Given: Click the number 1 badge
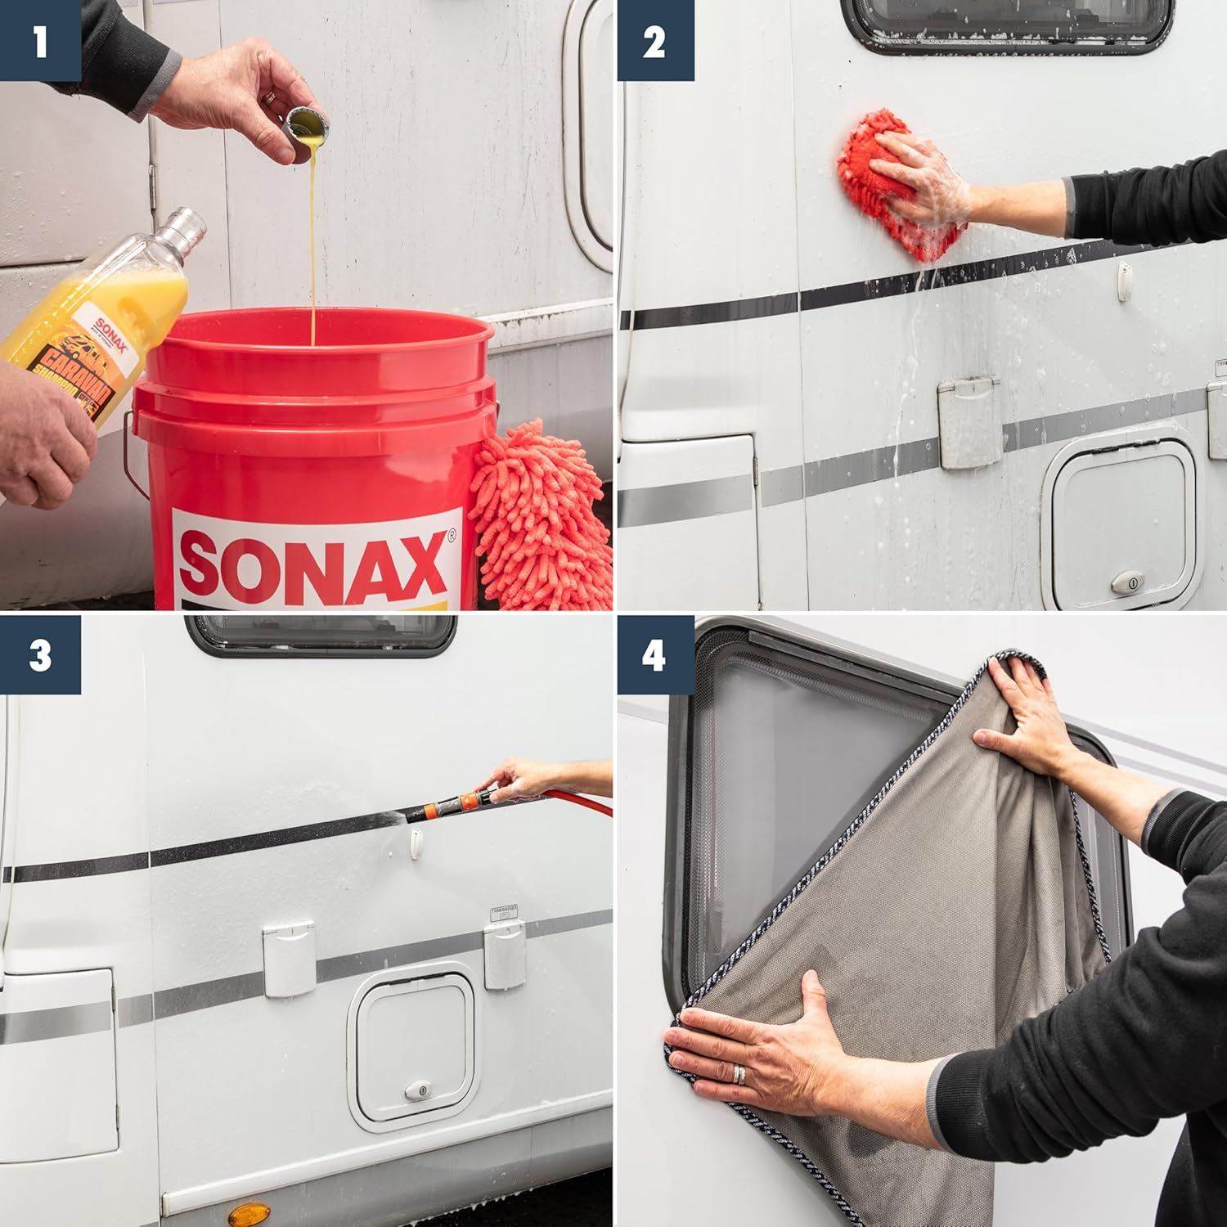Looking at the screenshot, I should click(x=39, y=40).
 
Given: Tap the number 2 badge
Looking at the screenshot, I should click(x=654, y=40).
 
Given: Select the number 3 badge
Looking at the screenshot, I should click(x=39, y=655).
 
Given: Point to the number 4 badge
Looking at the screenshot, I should click(x=654, y=655).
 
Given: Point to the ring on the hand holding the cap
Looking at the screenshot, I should click(x=269, y=97).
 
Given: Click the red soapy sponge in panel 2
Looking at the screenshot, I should click(x=883, y=184).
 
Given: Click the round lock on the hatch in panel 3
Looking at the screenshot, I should click(x=418, y=1090).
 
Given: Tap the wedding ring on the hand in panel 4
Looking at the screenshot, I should click(x=740, y=1074).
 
